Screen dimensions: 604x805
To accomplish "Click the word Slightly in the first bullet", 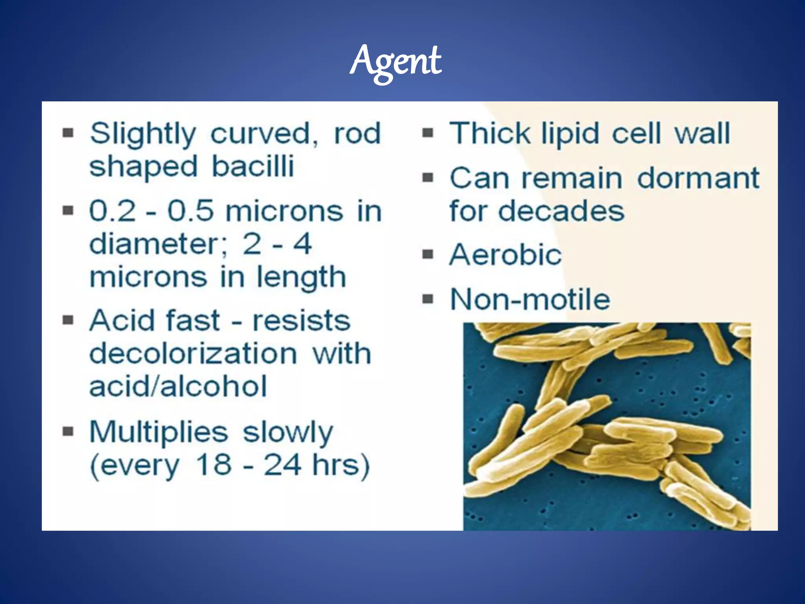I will pyautogui.click(x=142, y=134).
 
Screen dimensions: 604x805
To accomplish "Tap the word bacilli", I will pyautogui.click(x=253, y=166).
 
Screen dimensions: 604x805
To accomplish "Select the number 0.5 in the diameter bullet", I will pyautogui.click(x=191, y=212).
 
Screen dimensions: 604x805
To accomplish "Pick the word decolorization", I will pyautogui.click(x=193, y=354).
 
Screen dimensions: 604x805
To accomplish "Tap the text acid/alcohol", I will pyautogui.click(x=178, y=386).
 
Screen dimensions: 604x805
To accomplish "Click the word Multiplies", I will pyautogui.click(x=158, y=432).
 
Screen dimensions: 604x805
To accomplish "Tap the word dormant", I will pyautogui.click(x=698, y=178).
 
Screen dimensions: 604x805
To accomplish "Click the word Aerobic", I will pyautogui.click(x=505, y=255).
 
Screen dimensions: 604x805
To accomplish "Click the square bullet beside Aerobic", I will pyautogui.click(x=427, y=255).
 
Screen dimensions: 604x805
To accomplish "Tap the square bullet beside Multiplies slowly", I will pyautogui.click(x=68, y=432).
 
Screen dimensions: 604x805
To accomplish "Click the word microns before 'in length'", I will pyautogui.click(x=148, y=278).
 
